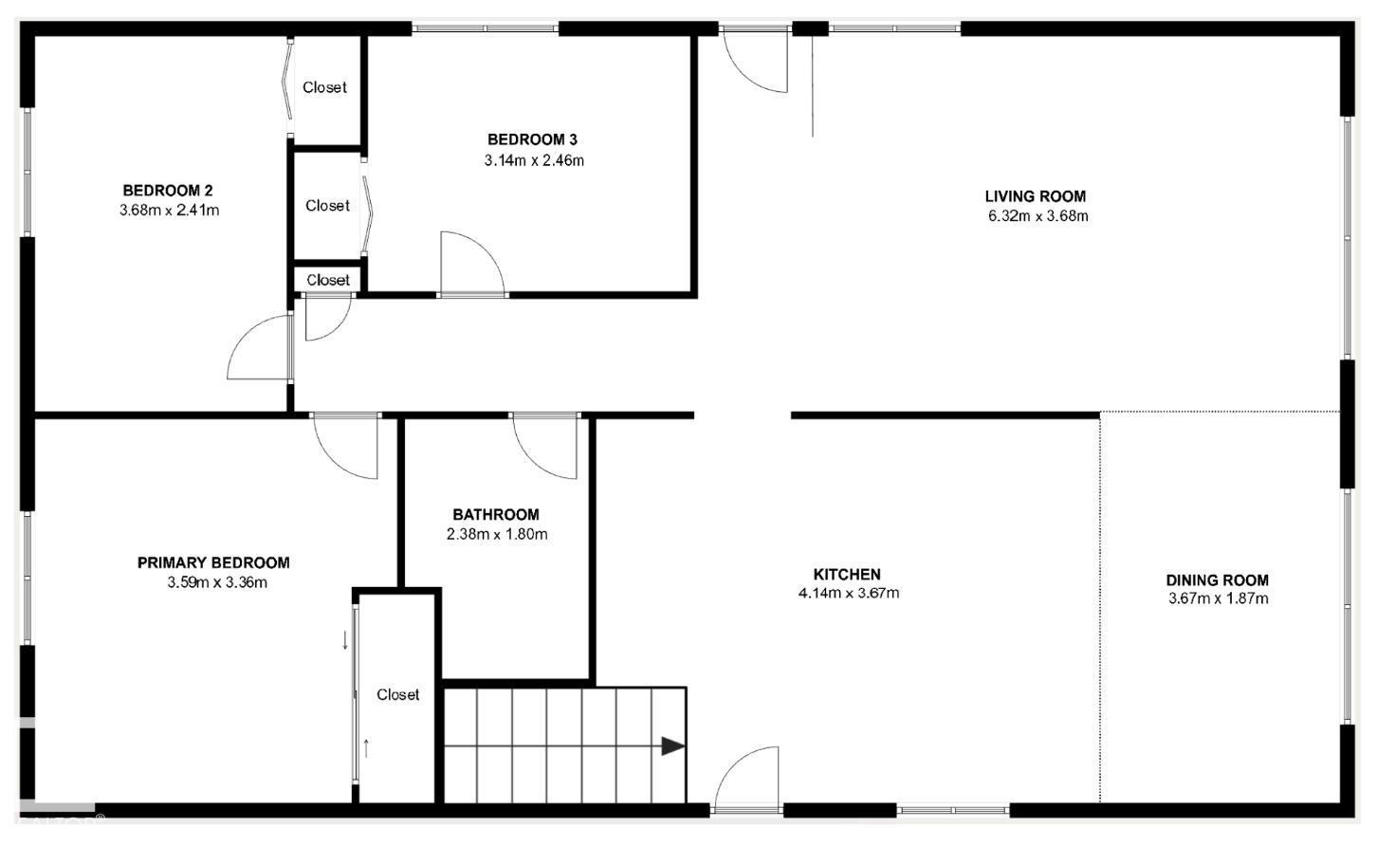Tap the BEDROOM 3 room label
[x=532, y=140]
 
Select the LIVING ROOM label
[x=1035, y=196]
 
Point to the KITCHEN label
[x=847, y=574]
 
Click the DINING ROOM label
[x=1217, y=579]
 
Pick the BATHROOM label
[x=495, y=514]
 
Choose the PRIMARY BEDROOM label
[x=213, y=562]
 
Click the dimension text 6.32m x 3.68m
[x=1037, y=215]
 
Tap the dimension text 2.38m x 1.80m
[x=496, y=534]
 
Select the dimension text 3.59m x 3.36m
[x=216, y=582]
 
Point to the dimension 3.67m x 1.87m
[x=1218, y=598]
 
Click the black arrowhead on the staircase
[x=672, y=746]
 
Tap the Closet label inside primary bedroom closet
[x=397, y=694]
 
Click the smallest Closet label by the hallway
[x=328, y=280]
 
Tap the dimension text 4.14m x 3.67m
[x=848, y=594]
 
